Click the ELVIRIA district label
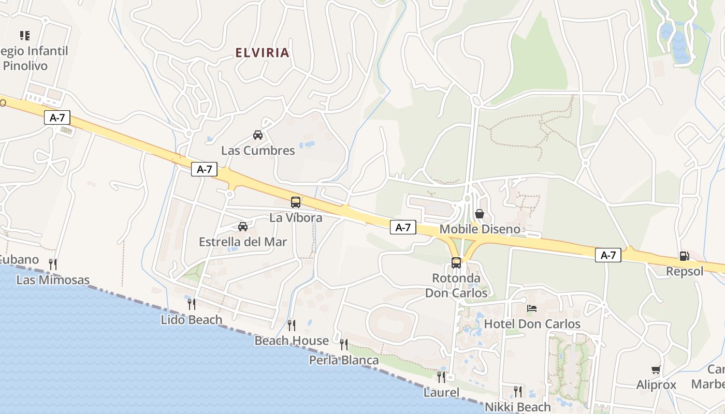click(262, 53)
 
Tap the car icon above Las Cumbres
click(258, 135)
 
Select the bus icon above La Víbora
click(296, 202)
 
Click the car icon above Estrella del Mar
click(243, 226)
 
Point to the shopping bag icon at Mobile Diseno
click(480, 213)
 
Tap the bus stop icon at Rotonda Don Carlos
click(456, 262)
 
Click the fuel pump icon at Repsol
click(684, 256)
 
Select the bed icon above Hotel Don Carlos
click(532, 308)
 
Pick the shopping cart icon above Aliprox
click(656, 369)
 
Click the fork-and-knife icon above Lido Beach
click(192, 304)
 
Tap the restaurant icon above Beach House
click(292, 325)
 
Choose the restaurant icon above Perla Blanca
click(344, 344)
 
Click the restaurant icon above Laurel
click(441, 377)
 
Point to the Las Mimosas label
click(53, 280)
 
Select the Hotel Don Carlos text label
click(532, 324)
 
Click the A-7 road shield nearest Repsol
click(608, 255)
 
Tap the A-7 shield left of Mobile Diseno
click(403, 227)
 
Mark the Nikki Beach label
click(518, 407)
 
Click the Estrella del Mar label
click(243, 242)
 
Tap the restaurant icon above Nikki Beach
click(518, 391)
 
